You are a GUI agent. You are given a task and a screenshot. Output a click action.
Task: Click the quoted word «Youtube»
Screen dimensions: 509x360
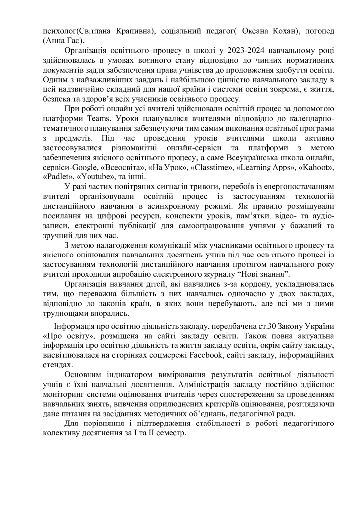(93, 177)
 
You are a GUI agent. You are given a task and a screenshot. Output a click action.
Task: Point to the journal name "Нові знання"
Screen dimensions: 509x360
(261, 274)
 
